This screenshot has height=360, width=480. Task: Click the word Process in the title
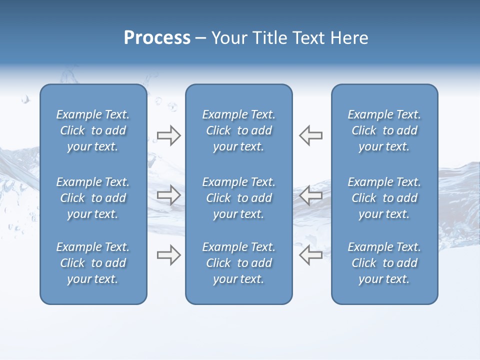point(157,38)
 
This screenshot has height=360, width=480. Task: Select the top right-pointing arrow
point(169,135)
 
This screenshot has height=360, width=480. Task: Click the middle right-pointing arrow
point(169,195)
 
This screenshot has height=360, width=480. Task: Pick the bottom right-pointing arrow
point(169,255)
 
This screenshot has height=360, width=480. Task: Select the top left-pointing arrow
point(310,135)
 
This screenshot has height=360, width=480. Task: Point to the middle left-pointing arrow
point(310,195)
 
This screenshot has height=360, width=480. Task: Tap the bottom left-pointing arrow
point(310,255)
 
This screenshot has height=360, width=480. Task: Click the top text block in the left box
point(93,130)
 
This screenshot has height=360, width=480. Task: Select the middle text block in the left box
point(93,198)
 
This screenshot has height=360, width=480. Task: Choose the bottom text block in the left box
point(93,263)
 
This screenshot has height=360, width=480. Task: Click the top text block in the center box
point(238,130)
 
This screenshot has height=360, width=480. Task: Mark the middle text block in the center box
point(238,198)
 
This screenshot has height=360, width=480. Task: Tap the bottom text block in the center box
point(238,263)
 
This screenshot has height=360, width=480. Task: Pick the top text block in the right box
point(384,130)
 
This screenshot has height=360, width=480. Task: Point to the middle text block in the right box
point(384,198)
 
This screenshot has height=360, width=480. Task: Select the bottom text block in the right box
point(384,263)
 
